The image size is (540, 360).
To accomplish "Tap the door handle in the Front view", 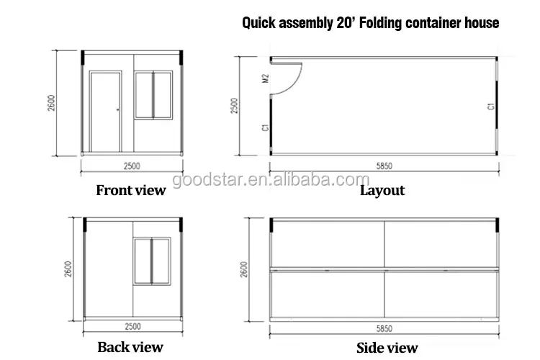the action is (118, 109).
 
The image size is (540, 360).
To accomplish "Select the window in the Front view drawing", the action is (153, 94).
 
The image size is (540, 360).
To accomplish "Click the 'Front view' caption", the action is (130, 191).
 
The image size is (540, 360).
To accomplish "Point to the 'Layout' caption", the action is (382, 191).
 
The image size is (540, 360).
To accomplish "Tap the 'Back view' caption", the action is (130, 348).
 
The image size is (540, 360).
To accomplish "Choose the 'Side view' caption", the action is (387, 348).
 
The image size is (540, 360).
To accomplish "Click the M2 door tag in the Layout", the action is (265, 78).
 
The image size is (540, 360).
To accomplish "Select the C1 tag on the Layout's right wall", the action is (490, 106).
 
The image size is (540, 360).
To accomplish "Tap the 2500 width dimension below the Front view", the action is (132, 166).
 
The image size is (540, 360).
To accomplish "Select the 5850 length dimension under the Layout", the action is (385, 166).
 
